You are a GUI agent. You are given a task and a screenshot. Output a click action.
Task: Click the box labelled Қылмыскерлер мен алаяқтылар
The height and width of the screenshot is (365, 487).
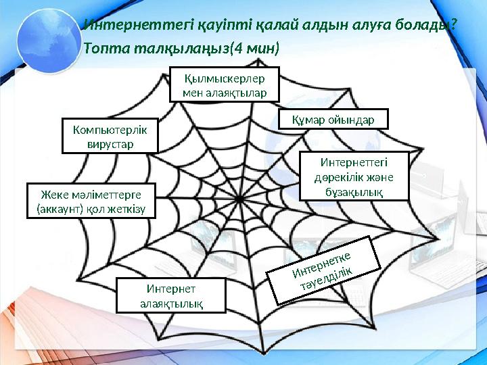pos(225,84)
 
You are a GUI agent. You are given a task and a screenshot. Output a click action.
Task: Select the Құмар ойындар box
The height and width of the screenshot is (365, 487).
pos(334,120)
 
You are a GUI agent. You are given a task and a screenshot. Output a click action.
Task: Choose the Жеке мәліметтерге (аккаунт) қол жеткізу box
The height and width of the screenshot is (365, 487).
pos(91,201)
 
